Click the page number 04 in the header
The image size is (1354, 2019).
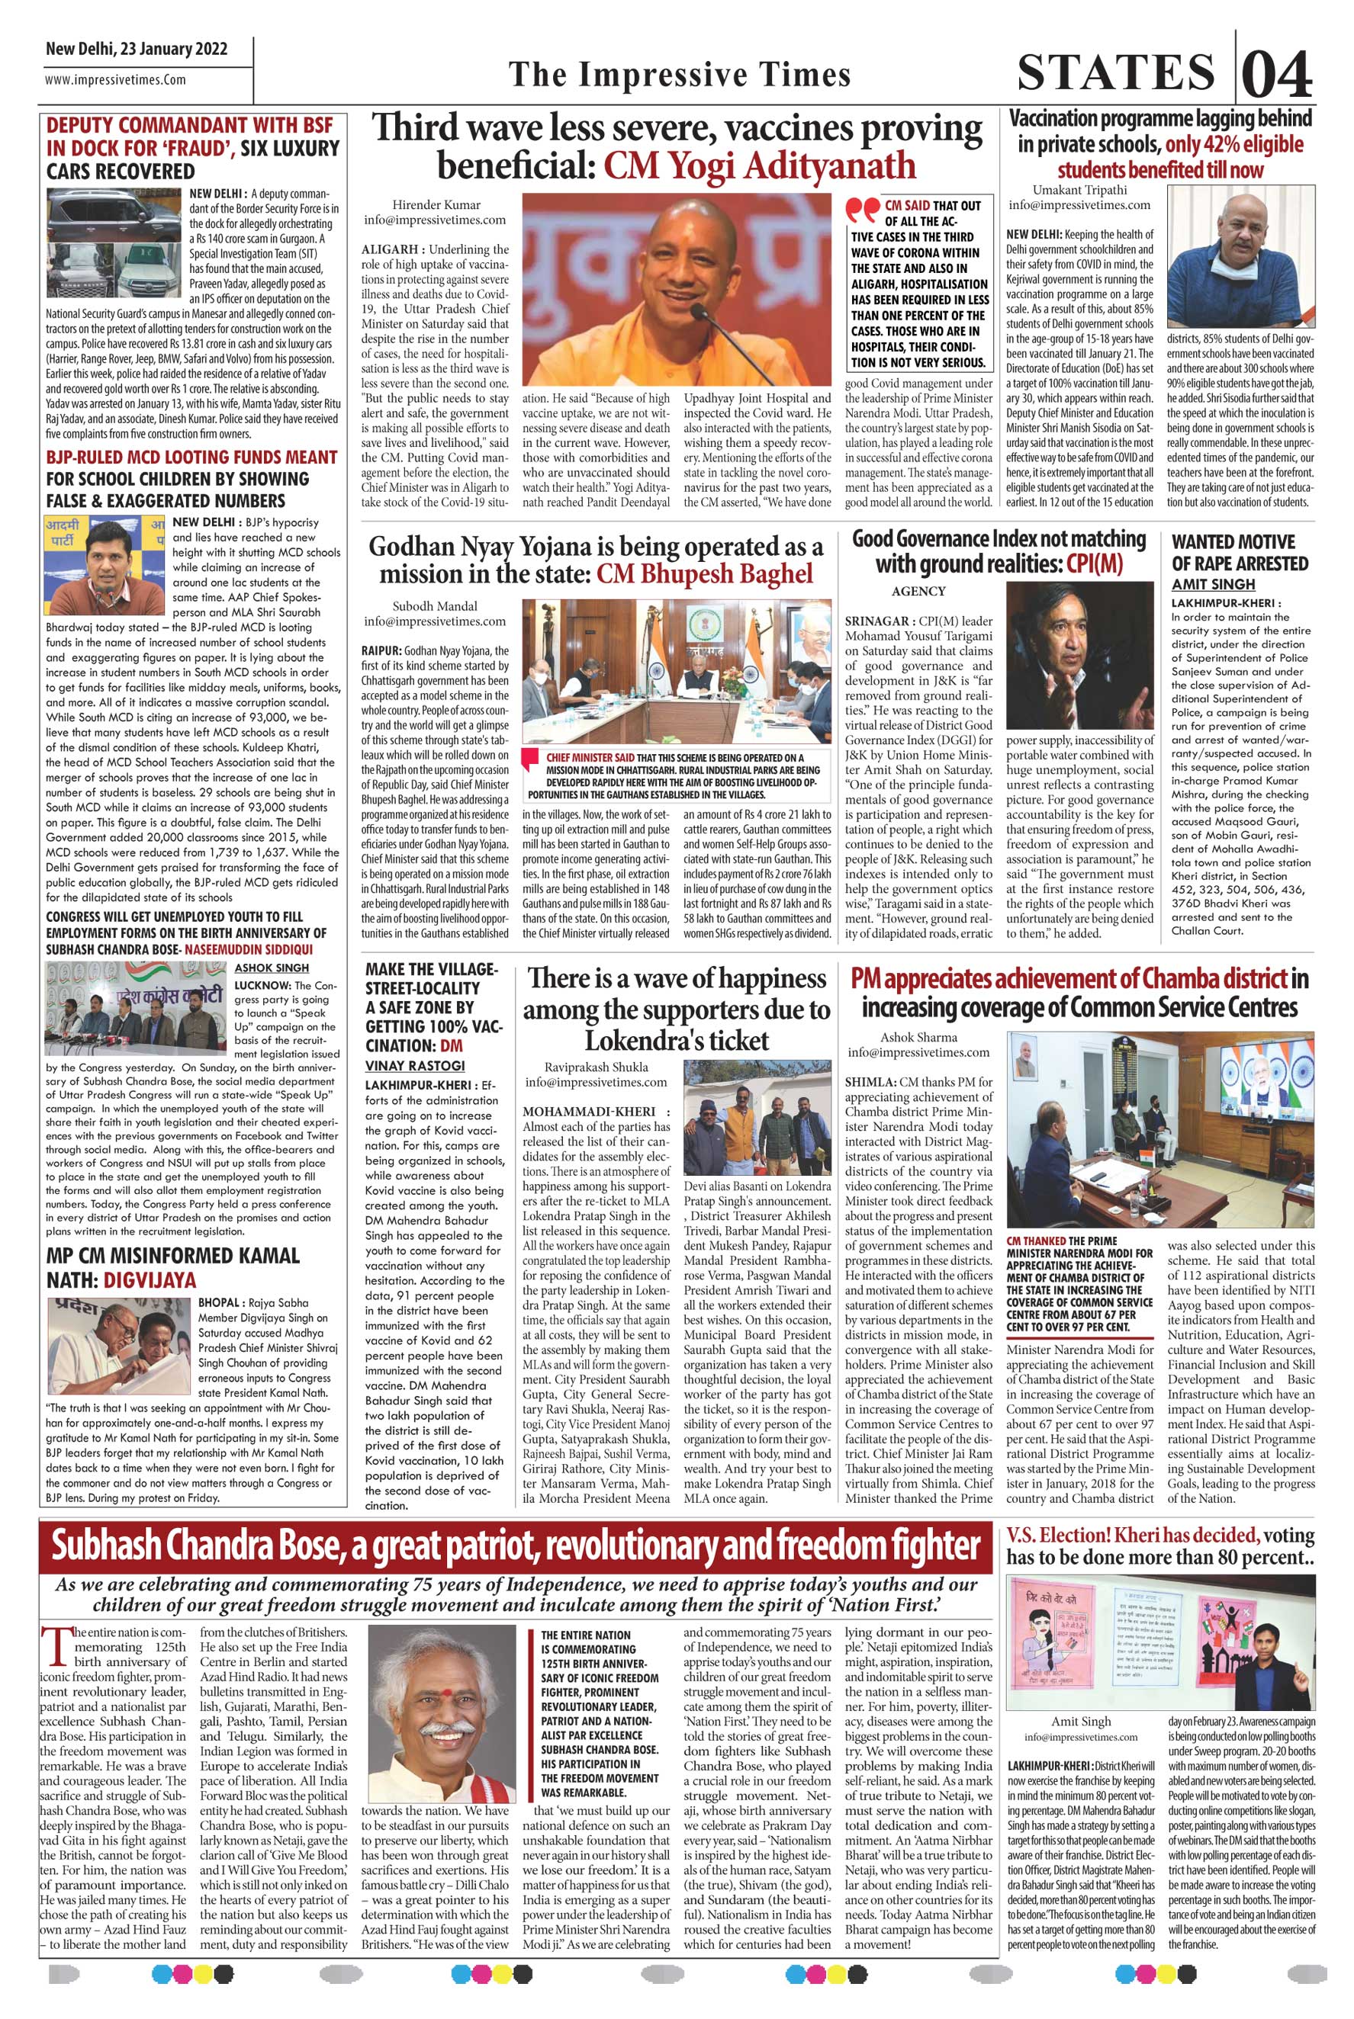(1276, 73)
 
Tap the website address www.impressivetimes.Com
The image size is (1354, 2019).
(116, 80)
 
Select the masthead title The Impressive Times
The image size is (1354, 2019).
(680, 75)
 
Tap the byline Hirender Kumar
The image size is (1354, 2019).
(436, 204)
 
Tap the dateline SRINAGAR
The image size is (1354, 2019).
(875, 621)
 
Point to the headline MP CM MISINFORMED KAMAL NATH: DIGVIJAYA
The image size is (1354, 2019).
(172, 1267)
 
